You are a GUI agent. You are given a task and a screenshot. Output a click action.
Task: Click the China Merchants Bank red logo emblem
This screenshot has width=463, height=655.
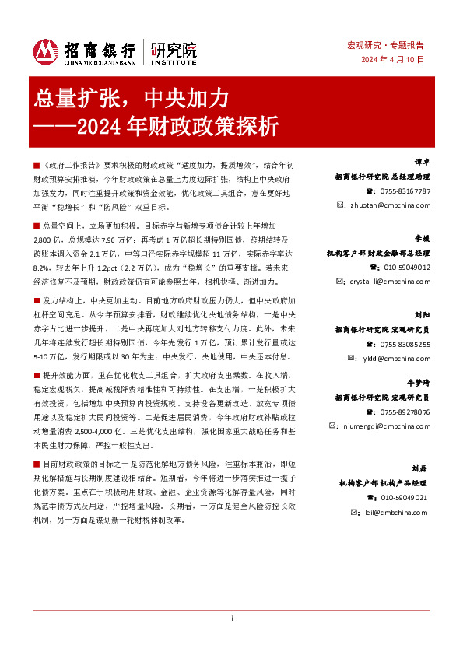coord(46,51)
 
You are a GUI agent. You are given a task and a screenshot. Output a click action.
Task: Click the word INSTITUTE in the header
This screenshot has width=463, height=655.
coord(174,61)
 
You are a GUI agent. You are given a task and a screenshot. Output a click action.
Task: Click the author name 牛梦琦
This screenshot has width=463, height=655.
coord(419,384)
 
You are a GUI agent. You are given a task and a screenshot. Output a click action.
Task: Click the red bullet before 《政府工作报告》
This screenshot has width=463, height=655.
coord(37,166)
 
